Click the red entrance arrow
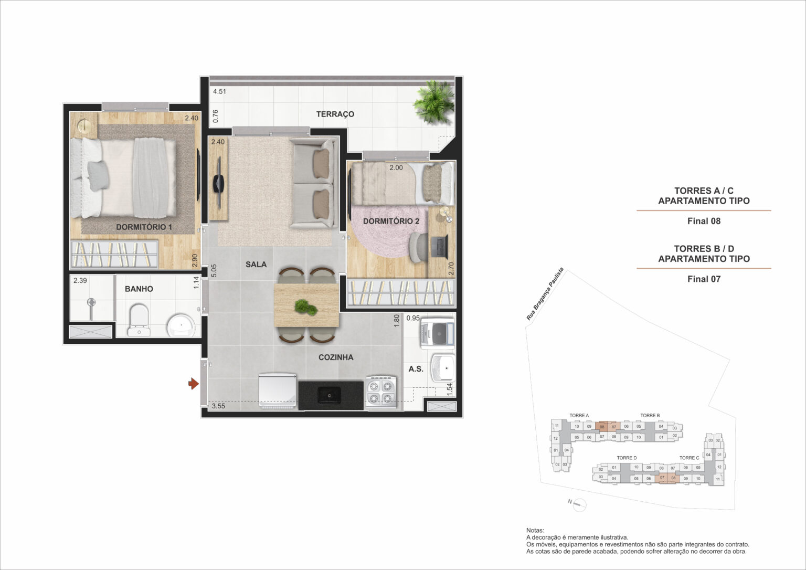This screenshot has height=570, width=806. click(x=193, y=384)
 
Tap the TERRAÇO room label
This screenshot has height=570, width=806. click(x=335, y=114)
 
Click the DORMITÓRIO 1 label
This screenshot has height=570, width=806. click(x=144, y=227)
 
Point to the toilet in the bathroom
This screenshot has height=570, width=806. click(x=139, y=319)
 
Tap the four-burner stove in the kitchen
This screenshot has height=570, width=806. click(x=380, y=392)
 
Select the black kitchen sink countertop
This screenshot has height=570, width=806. click(x=331, y=395)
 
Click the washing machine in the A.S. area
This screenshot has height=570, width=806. click(x=437, y=333)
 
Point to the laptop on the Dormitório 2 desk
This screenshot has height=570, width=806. click(x=439, y=247)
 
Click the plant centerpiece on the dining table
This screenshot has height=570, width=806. click(x=305, y=308)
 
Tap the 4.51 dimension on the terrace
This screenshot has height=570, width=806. click(x=219, y=91)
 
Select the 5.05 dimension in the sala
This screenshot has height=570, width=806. click(x=213, y=271)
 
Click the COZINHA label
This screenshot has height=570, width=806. click(x=336, y=357)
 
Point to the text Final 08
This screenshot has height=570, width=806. click(x=704, y=221)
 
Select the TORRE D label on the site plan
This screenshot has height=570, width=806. click(x=627, y=458)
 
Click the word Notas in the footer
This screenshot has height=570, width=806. click(x=535, y=531)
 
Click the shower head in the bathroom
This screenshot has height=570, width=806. click(x=91, y=303)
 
